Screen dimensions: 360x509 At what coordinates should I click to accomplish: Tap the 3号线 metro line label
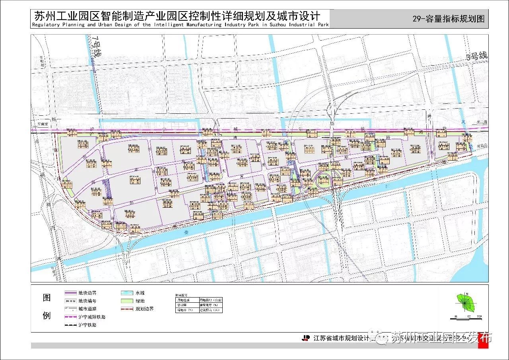coord(477,57)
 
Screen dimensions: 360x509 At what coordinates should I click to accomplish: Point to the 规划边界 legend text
coord(144,309)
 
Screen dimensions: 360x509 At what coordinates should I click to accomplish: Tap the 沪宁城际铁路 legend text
coord(92,317)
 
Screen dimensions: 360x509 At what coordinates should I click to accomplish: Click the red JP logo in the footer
coord(306,338)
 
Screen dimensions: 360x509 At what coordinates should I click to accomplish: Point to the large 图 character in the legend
coord(47,298)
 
